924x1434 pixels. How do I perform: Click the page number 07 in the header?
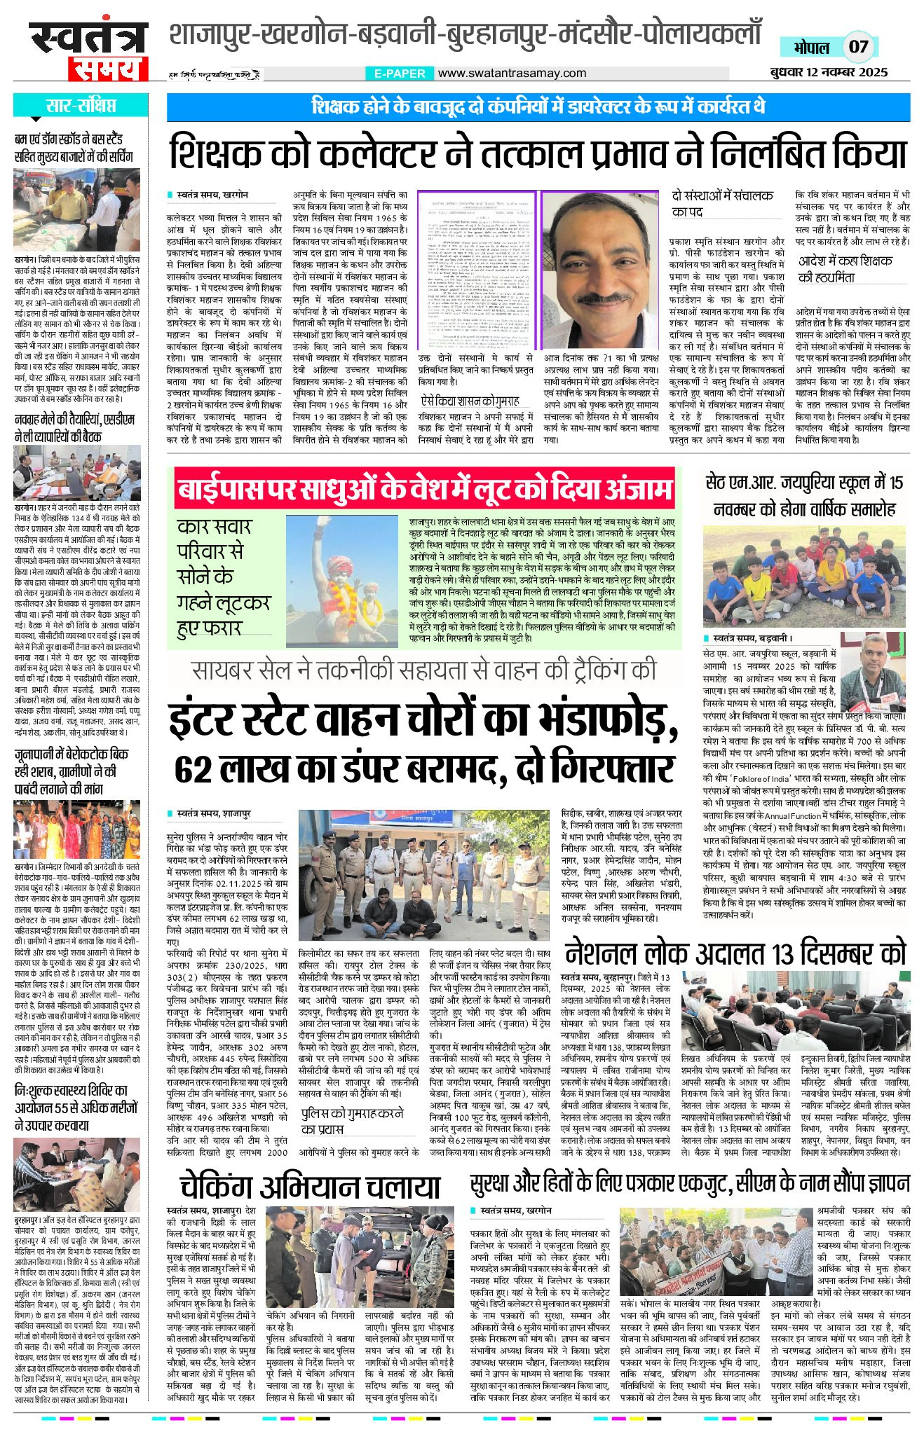tap(859, 47)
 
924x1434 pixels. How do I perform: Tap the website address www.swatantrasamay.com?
tap(512, 73)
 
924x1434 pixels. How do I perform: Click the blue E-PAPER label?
tap(400, 73)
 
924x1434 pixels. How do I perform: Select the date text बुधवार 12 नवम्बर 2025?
tap(827, 72)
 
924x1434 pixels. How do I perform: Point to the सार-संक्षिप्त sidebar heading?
tap(81, 106)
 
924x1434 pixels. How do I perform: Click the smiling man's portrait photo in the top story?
tap(600, 269)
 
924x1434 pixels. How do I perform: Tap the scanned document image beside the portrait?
tap(476, 269)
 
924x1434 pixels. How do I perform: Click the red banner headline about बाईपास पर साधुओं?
tap(425, 488)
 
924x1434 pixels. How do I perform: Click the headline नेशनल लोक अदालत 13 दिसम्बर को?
tap(735, 953)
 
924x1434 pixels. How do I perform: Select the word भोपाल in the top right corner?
tap(811, 48)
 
